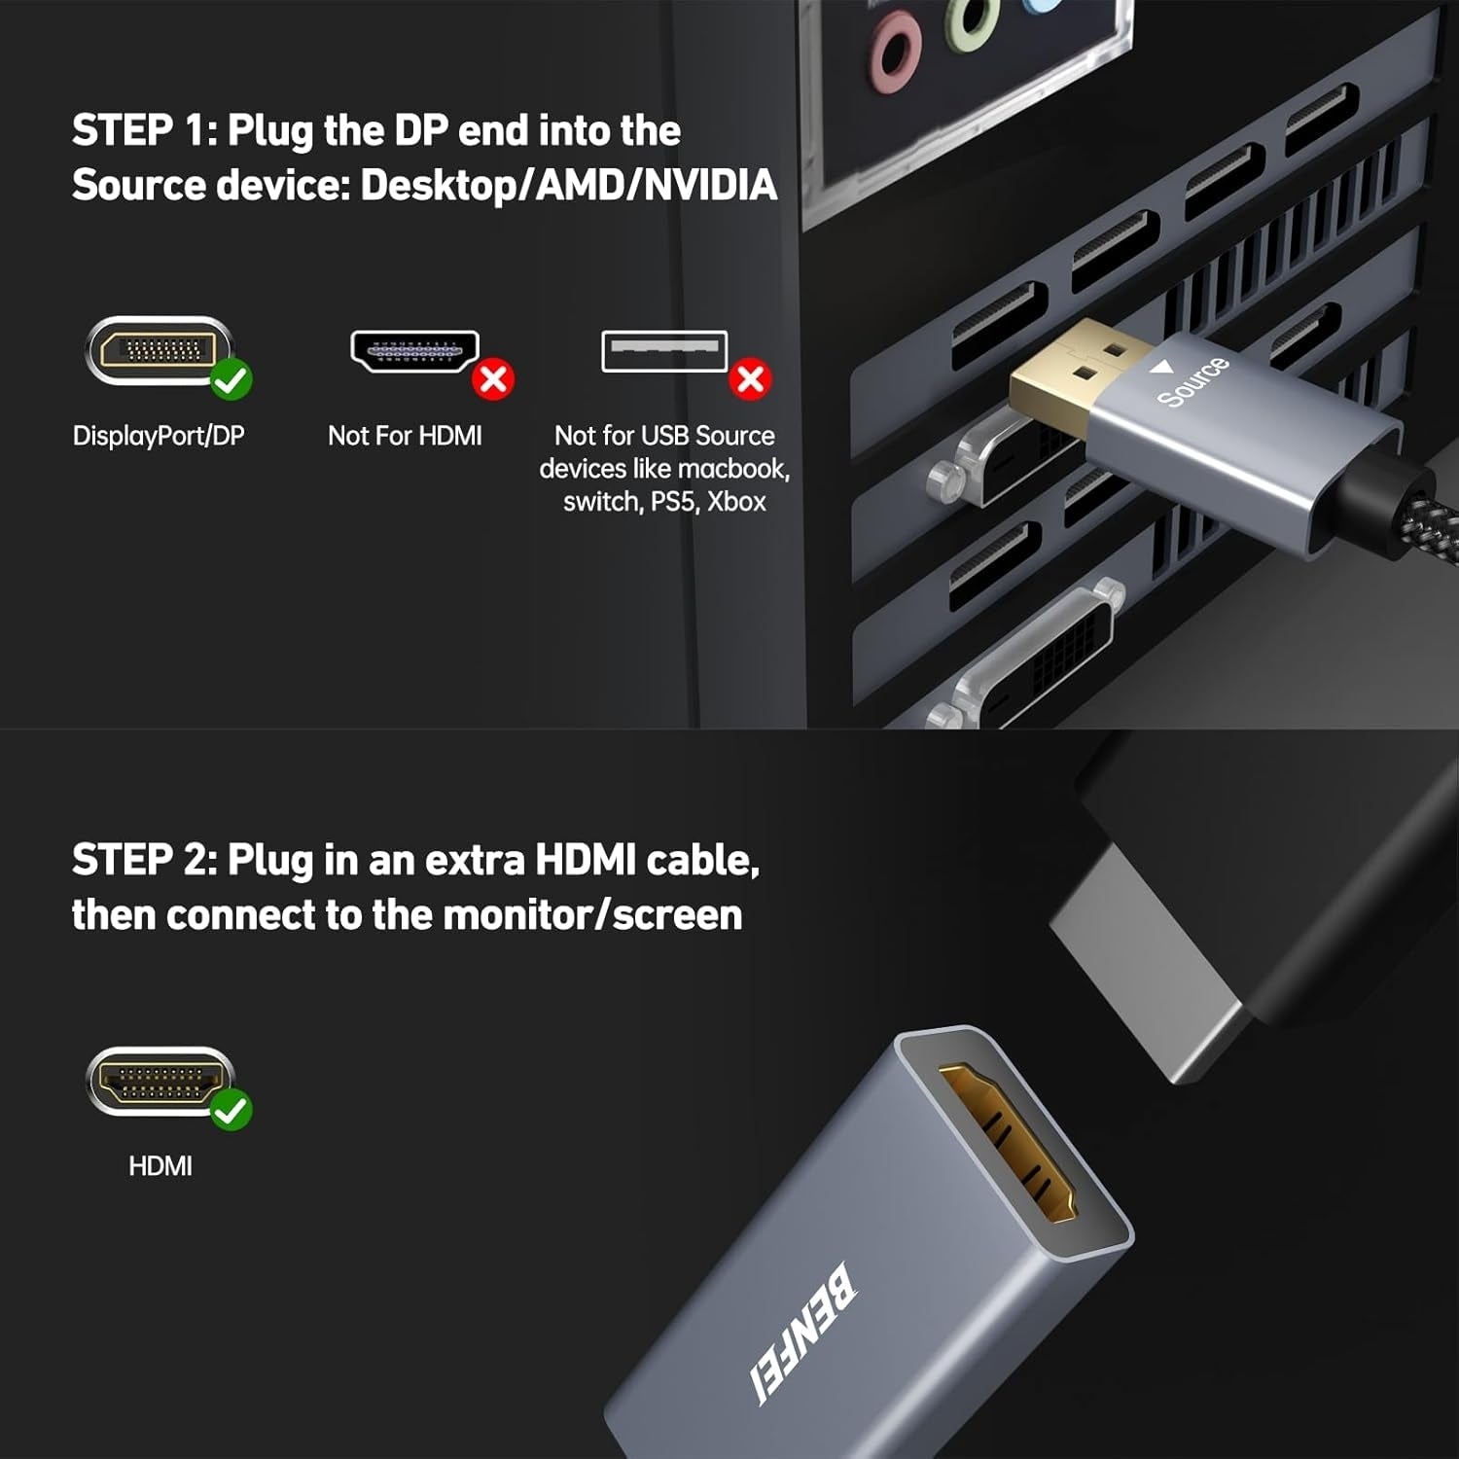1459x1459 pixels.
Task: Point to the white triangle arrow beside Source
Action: [x=1161, y=368]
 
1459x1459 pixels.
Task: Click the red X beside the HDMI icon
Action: [x=493, y=378]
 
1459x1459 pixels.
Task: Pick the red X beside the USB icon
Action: [x=751, y=378]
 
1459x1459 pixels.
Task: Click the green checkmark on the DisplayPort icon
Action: [x=231, y=378]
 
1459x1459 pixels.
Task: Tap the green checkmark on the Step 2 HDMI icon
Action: [x=231, y=1109]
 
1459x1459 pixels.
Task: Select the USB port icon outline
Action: [x=664, y=350]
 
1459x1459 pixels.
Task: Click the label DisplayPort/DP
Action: [x=159, y=436]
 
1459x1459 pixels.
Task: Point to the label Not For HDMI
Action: [x=405, y=436]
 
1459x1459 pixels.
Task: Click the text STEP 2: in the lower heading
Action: [x=144, y=860]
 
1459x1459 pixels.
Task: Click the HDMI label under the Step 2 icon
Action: [x=160, y=1165]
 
